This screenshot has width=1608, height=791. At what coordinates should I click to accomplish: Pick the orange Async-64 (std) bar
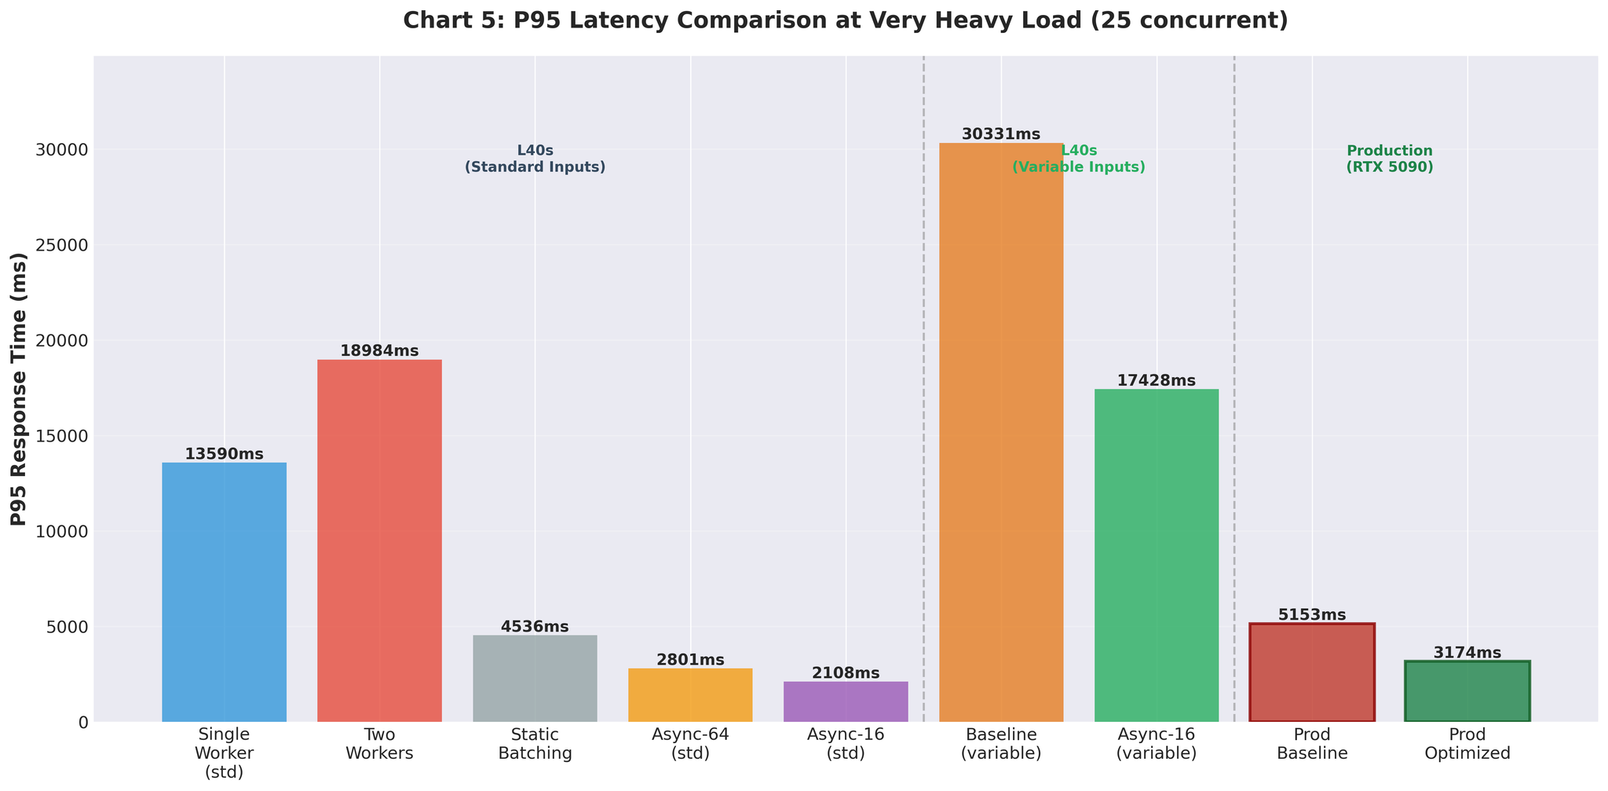click(x=690, y=694)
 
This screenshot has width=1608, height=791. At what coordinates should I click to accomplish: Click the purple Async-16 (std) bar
click(x=846, y=701)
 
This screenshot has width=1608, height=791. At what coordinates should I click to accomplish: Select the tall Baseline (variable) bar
click(x=1001, y=432)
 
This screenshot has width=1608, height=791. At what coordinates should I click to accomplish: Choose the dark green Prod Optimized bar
click(x=1467, y=691)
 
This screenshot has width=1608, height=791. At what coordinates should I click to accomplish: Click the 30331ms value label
click(x=1001, y=134)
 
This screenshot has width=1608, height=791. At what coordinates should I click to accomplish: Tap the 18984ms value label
click(x=379, y=351)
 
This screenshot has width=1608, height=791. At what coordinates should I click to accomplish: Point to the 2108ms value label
click(x=846, y=673)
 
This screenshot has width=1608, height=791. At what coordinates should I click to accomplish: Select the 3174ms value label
click(x=1467, y=653)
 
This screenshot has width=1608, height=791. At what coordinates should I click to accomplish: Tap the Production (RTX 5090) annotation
click(x=1390, y=159)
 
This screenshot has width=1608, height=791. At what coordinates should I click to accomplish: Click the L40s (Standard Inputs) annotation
click(x=535, y=159)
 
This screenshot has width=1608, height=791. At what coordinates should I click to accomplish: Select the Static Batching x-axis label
click(x=535, y=744)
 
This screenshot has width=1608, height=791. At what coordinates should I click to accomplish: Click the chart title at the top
click(x=845, y=20)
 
